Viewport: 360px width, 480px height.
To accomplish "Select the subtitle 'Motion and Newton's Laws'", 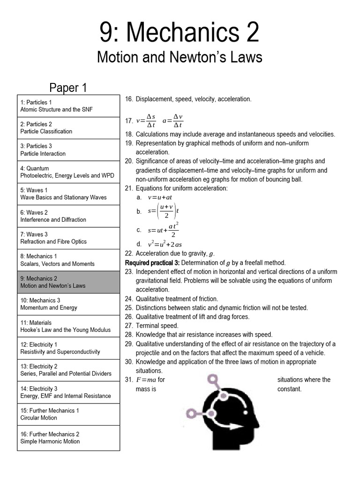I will coord(180,57).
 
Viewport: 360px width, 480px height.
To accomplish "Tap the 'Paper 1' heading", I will coord(68,88).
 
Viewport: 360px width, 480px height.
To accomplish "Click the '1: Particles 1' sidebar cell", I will coord(68,106).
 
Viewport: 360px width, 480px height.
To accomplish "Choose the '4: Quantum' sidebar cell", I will coord(68,172).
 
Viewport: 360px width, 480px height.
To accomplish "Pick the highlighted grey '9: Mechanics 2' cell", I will coord(68,282).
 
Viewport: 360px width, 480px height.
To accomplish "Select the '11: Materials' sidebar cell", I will coord(68,326).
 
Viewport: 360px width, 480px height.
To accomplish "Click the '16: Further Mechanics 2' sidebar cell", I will coord(68,438).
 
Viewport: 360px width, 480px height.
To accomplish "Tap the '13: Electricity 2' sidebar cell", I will coord(68,370).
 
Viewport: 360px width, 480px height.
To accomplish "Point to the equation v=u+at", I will coord(160,197).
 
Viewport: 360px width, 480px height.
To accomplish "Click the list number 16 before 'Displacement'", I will coord(129,99).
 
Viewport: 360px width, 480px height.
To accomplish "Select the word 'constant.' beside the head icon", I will coord(289,389).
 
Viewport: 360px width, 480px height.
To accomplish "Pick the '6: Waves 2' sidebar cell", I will coord(68,216).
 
